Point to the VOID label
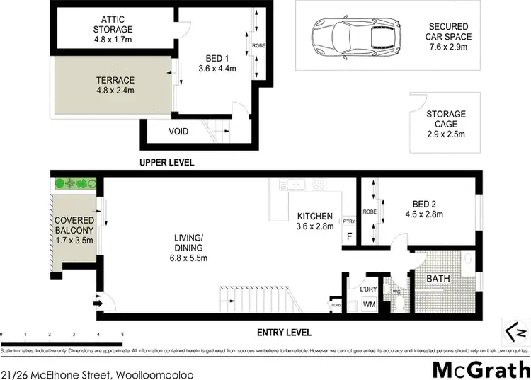coord(178,132)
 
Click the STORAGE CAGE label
coord(445,120)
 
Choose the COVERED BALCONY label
coord(74,225)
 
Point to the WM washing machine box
coord(369,304)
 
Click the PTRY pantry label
coord(348,221)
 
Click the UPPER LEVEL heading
coord(167,163)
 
